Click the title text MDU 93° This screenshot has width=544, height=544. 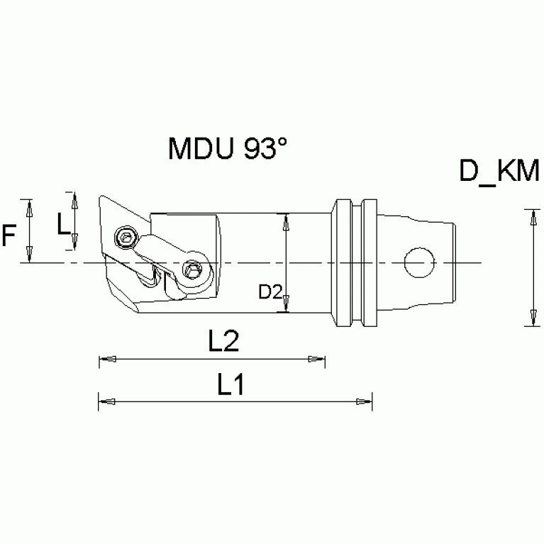point(228,150)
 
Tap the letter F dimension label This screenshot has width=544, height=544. point(9,235)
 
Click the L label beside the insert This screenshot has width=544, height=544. point(63,225)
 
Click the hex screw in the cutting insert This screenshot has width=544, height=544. point(126,237)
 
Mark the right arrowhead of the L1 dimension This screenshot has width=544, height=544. point(366,402)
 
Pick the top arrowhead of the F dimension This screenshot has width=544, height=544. point(29,206)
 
